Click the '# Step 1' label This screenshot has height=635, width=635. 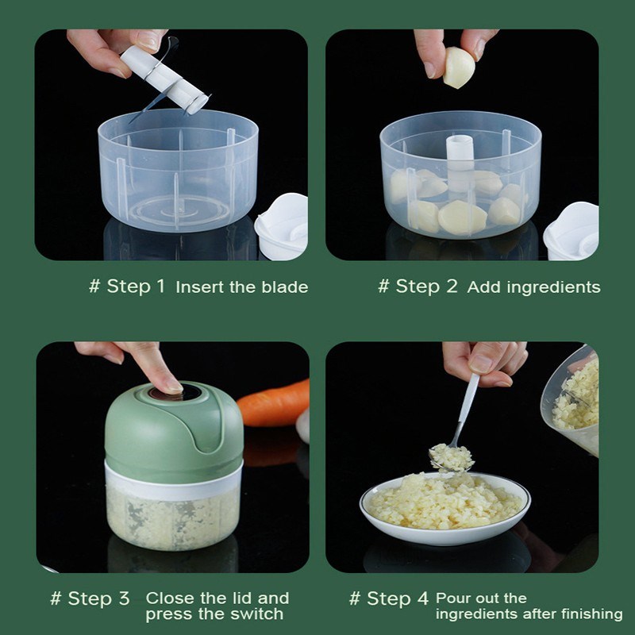tap(127, 287)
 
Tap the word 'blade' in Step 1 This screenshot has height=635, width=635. tap(286, 287)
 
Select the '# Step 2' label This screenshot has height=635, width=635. tap(418, 287)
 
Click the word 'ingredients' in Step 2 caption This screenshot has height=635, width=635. tap(552, 287)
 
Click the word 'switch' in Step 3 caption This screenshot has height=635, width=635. tap(256, 614)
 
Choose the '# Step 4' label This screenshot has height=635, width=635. tap(389, 598)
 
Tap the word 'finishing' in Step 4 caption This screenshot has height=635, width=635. tap(587, 614)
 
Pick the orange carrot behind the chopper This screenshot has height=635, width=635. tap(275, 403)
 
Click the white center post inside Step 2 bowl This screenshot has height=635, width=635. tap(459, 163)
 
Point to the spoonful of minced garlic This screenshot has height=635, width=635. tap(451, 456)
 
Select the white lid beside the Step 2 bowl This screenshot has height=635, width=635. tap(571, 230)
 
